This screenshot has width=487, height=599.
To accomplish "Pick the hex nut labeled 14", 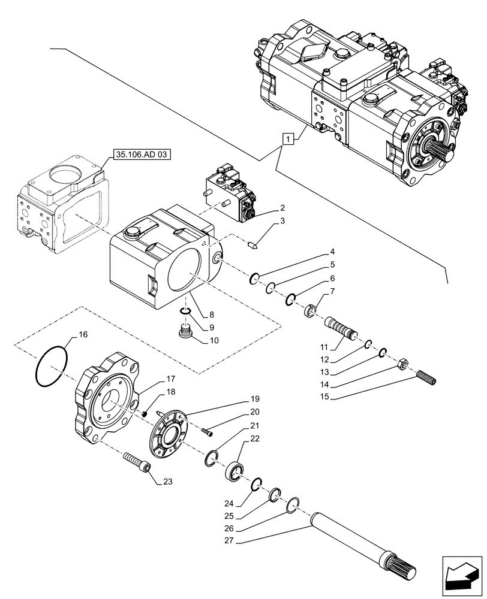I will point(404,364).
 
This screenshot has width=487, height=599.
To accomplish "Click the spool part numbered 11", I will point(341,328).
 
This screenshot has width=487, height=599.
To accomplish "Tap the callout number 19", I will point(254,399).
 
